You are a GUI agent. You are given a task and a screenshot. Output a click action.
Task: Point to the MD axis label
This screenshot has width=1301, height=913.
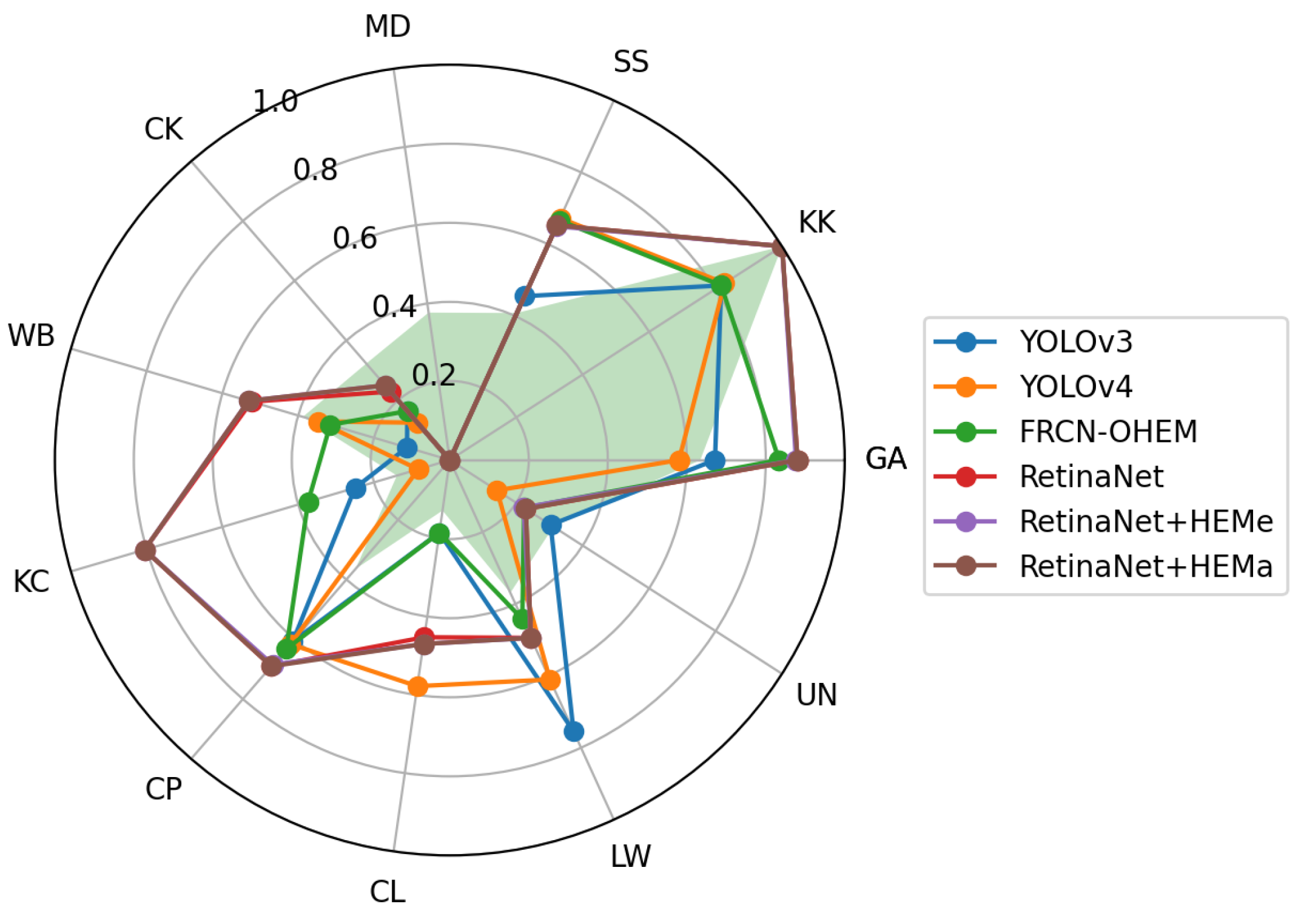(388, 27)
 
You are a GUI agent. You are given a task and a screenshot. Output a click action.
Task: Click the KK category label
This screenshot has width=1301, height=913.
(816, 222)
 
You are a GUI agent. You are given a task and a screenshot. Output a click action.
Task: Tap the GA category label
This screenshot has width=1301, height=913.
(886, 459)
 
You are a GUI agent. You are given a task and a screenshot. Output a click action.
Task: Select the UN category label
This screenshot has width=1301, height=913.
(816, 695)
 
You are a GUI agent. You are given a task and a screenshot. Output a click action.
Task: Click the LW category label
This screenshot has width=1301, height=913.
(631, 857)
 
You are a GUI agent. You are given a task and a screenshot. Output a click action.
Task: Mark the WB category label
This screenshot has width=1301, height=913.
(32, 336)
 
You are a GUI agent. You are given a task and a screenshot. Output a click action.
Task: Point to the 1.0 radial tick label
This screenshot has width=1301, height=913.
(275, 101)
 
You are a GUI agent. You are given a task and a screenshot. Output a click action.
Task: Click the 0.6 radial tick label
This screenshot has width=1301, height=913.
(355, 239)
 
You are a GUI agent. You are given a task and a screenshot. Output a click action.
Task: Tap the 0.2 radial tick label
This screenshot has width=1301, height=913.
(434, 376)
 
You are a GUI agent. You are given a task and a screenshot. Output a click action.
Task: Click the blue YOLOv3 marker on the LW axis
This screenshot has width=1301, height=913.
(573, 731)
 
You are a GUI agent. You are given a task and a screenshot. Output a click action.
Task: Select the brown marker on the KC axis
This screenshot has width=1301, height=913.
(145, 551)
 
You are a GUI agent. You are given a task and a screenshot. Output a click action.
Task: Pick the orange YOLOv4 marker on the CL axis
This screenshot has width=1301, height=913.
(417, 687)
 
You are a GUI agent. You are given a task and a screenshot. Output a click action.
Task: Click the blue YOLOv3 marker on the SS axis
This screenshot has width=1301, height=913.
(525, 296)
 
